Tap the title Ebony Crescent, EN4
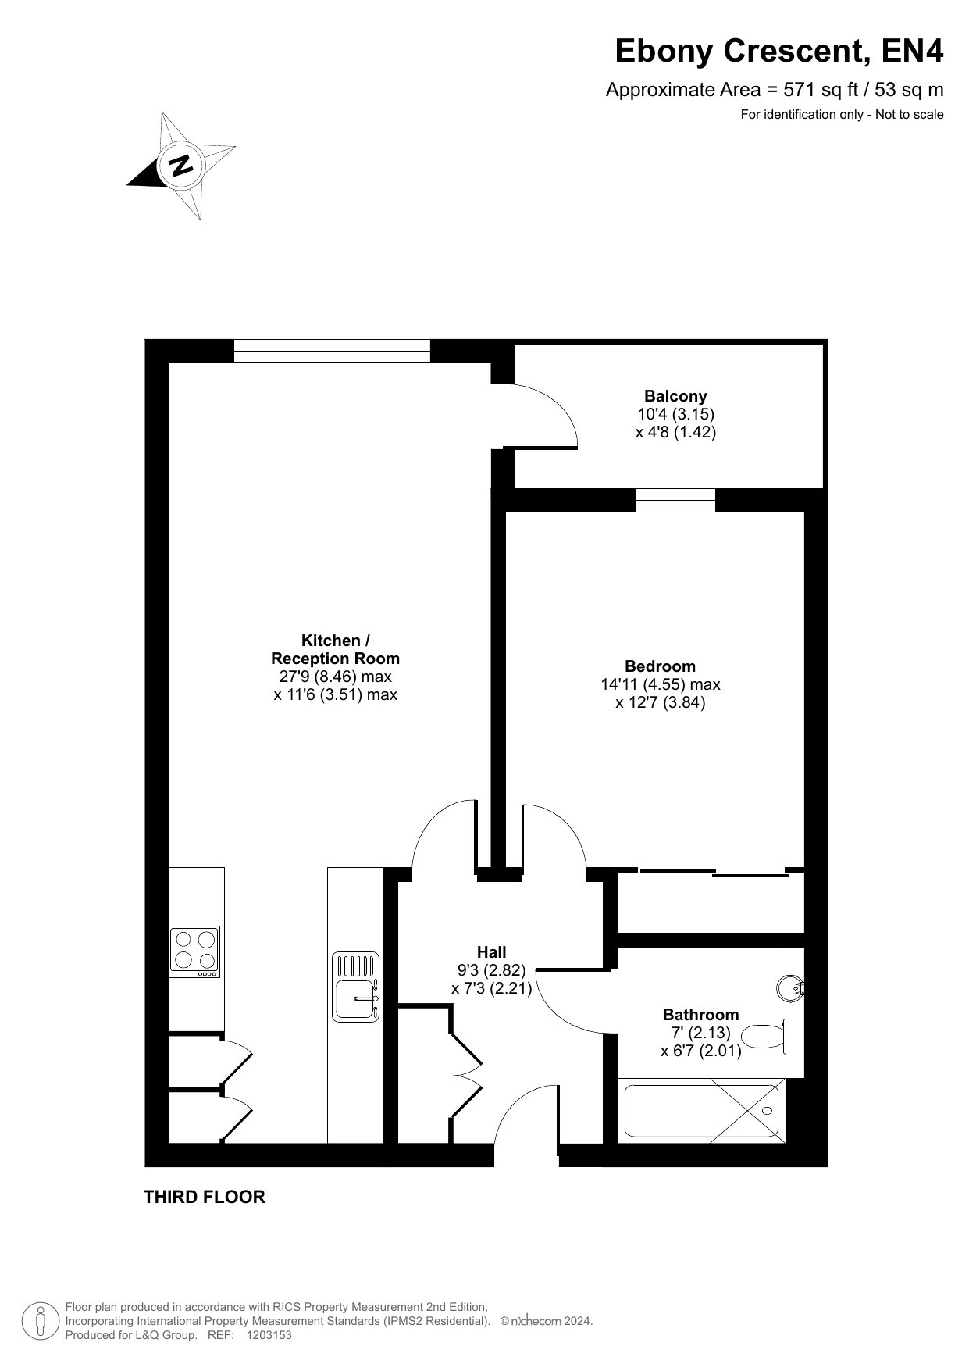tap(779, 51)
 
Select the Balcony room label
tap(675, 396)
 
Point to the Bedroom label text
tap(660, 666)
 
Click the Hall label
tap(492, 952)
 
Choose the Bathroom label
tap(700, 1015)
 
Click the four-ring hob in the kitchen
tap(195, 951)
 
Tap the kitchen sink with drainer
tap(356, 986)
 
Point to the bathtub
tap(701, 1111)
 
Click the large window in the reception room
tap(332, 351)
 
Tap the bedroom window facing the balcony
tap(675, 500)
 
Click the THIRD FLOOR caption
tap(205, 1197)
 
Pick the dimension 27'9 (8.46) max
tap(336, 677)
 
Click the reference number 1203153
tap(269, 1335)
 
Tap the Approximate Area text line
tap(775, 90)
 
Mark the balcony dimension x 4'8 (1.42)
tap(675, 432)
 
